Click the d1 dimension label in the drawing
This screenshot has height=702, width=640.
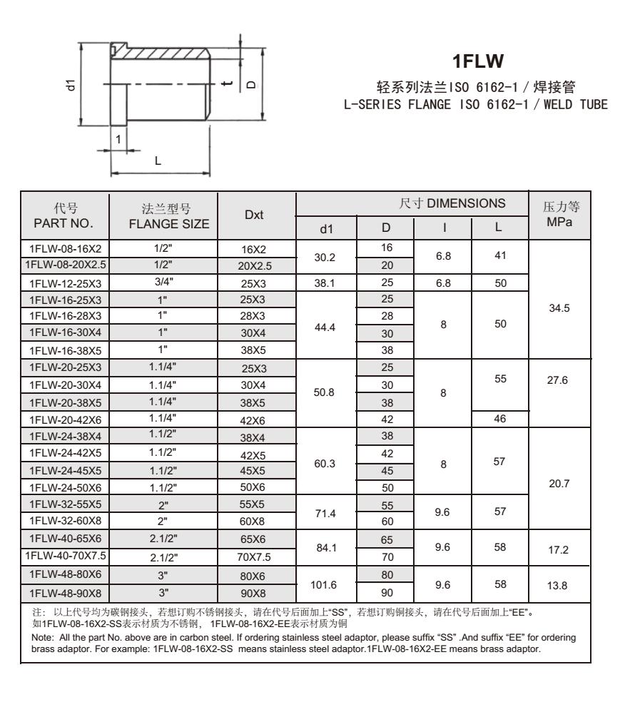[x=70, y=85]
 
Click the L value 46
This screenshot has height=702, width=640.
[x=499, y=420]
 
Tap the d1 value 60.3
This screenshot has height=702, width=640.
[x=325, y=462]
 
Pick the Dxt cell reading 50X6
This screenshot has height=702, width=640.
[x=255, y=489]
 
